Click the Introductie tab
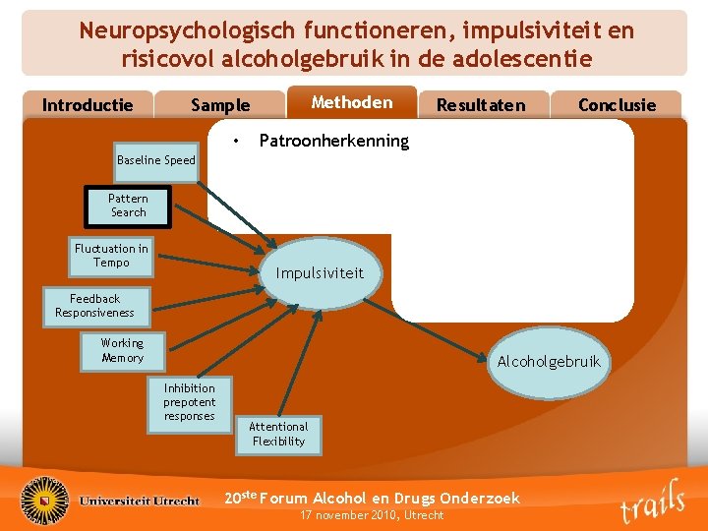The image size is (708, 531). [x=88, y=105]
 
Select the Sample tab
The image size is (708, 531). [x=220, y=105]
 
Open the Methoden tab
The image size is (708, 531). [x=351, y=102]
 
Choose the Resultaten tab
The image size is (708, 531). [x=481, y=105]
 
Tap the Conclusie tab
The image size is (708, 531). [x=617, y=105]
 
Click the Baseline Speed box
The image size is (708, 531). [x=155, y=160]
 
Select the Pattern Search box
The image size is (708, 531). [x=128, y=206]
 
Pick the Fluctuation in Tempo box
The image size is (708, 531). [x=111, y=256]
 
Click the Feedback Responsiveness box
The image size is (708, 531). [x=94, y=306]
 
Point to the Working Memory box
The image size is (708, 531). [x=122, y=350]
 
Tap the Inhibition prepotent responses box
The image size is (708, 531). [x=189, y=402]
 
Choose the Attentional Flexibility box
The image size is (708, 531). [x=278, y=434]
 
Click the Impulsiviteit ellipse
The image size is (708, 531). [x=320, y=273]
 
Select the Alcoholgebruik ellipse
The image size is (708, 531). [x=548, y=362]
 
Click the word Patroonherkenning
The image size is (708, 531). [x=333, y=141]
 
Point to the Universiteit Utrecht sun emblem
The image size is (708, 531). [x=45, y=499]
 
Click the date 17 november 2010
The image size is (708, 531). [x=372, y=515]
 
